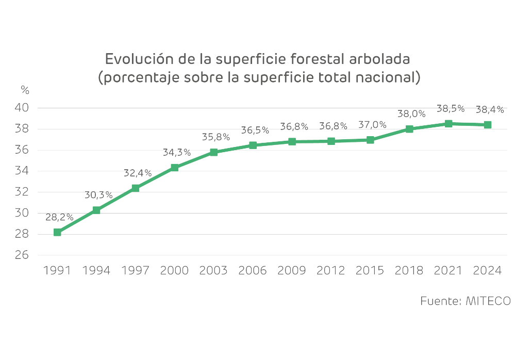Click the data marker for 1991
pyautogui.click(x=57, y=233)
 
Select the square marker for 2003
pyautogui.click(x=214, y=153)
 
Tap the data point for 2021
pyautogui.click(x=448, y=124)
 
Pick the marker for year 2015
pyautogui.click(x=370, y=140)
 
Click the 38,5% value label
pyautogui.click(x=451, y=109)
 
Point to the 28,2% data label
pyautogui.click(x=59, y=217)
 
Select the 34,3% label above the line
pyautogui.click(x=177, y=153)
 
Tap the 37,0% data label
pyautogui.click(x=372, y=125)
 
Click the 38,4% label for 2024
pyautogui.click(x=490, y=109)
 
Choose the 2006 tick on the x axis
pyautogui.click(x=253, y=270)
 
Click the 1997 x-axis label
pyautogui.click(x=136, y=270)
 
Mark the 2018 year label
pyautogui.click(x=409, y=270)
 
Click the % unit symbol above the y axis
pyautogui.click(x=25, y=89)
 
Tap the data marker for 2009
pyautogui.click(x=292, y=142)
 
